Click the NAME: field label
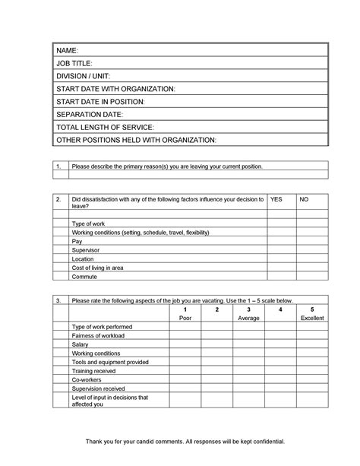(x=68, y=50)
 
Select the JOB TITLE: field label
(x=75, y=63)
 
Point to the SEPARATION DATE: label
(x=90, y=114)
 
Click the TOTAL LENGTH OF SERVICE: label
(x=106, y=127)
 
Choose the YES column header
(x=276, y=198)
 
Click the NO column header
(x=305, y=198)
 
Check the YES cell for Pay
(x=281, y=240)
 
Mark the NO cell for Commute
(x=312, y=276)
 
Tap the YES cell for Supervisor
(x=281, y=249)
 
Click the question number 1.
(x=59, y=166)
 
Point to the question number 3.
(x=59, y=300)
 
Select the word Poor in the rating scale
(x=185, y=318)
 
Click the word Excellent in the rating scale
(x=312, y=318)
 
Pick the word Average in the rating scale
(x=248, y=318)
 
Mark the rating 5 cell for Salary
(x=312, y=344)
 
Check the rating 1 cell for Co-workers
(x=185, y=379)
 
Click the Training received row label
(x=94, y=370)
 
